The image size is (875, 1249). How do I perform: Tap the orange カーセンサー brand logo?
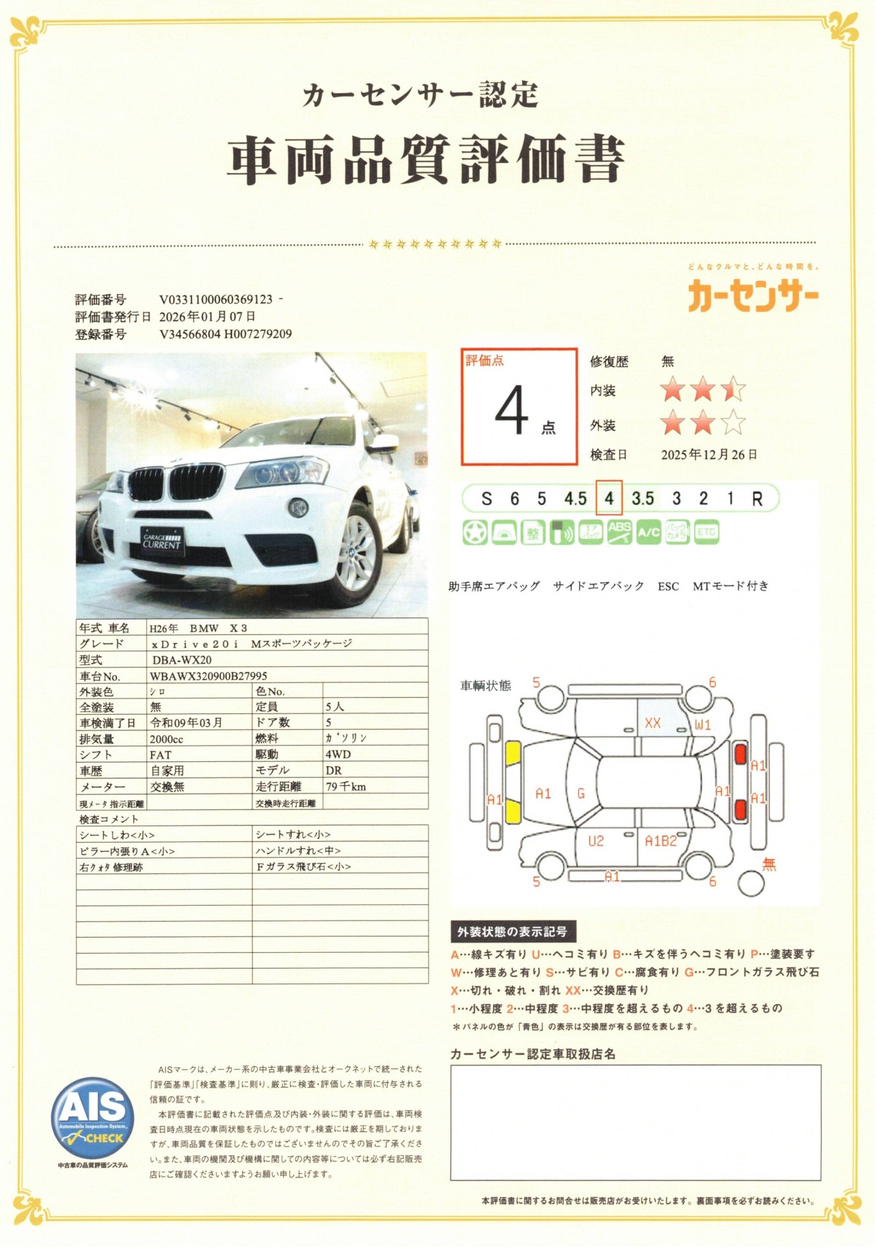coord(753,298)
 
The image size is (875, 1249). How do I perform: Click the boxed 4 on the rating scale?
coord(608,499)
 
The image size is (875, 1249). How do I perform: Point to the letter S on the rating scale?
coord(487,499)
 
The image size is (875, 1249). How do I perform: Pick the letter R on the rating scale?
coord(757,499)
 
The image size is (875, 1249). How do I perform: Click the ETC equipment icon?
coord(707,532)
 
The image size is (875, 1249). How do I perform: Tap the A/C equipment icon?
coord(649,532)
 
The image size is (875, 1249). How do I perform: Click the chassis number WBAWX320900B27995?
coord(208,676)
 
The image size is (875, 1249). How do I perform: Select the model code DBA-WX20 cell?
coord(182,660)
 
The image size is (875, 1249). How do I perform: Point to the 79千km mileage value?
coord(346,787)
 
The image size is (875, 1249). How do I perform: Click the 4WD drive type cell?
coord(338,754)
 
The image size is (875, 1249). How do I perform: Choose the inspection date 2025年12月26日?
coord(709,454)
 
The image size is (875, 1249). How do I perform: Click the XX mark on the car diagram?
coord(653,722)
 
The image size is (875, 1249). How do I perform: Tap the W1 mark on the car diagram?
coord(703,724)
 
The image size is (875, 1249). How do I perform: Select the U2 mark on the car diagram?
coord(596,841)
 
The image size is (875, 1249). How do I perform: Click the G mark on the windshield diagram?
coord(581,793)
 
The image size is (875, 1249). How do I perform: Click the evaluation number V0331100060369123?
coord(216,300)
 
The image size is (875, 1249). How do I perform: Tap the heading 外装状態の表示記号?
coord(513,932)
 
